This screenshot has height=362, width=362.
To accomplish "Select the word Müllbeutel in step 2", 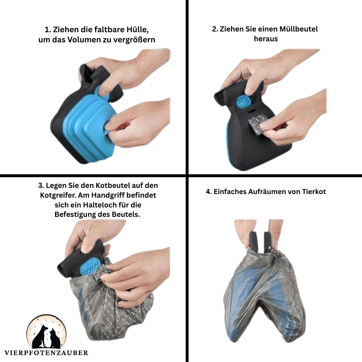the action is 299,29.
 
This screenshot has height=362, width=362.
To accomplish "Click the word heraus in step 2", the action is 266,39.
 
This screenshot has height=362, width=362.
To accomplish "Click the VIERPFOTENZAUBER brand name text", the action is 46,353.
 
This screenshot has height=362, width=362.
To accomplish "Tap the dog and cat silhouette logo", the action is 46,332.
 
